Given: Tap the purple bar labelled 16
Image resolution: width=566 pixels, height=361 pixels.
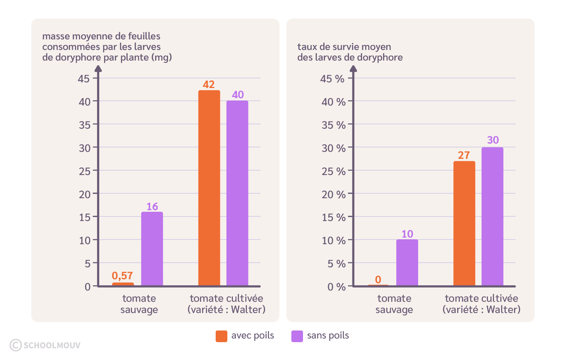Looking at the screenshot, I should tap(152, 248).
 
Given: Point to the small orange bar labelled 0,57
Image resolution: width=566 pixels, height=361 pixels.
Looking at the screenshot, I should tap(123, 284).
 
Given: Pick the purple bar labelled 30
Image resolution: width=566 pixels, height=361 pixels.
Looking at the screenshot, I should tap(492, 216).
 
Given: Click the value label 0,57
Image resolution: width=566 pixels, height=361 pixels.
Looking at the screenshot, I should tap(122, 276).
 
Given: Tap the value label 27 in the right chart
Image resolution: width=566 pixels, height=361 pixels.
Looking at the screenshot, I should tap(464, 155).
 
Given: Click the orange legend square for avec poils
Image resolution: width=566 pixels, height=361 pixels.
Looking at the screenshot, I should tap(221, 336).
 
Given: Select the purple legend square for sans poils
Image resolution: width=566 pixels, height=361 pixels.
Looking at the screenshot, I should tap(297, 336).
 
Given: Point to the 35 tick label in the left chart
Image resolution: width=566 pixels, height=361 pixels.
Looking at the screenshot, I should tap(85, 125).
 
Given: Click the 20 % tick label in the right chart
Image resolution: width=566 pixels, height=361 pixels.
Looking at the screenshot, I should tap(333, 194).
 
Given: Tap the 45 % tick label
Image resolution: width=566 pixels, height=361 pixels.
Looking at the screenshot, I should tap(332, 79).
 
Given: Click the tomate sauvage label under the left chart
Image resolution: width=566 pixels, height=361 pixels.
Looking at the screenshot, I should tap(139, 304).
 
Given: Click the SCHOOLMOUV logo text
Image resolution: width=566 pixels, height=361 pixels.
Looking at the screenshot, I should tap(52, 345).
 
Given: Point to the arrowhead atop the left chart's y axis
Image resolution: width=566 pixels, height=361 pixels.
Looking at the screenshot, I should tap(98, 68).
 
